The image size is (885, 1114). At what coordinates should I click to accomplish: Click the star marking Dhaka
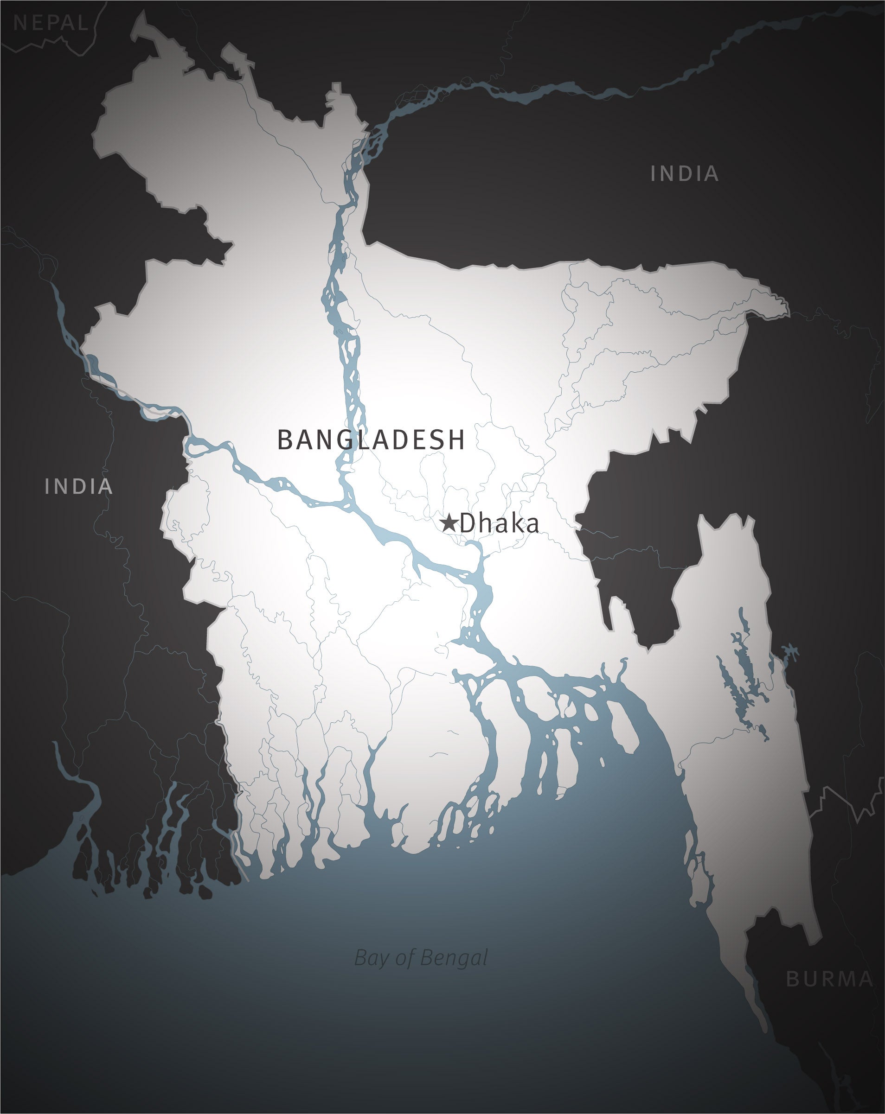[x=449, y=523]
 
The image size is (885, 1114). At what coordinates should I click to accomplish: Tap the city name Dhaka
[x=499, y=523]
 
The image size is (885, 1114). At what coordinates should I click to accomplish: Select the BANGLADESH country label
[x=371, y=439]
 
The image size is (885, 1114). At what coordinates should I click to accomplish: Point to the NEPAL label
[x=50, y=23]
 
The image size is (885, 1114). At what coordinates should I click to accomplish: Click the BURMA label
[x=829, y=979]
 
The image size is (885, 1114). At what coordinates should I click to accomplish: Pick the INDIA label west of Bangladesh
[x=78, y=486]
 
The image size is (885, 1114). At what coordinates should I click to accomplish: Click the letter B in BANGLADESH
[x=285, y=439]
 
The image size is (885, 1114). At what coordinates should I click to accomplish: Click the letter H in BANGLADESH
[x=456, y=439]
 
